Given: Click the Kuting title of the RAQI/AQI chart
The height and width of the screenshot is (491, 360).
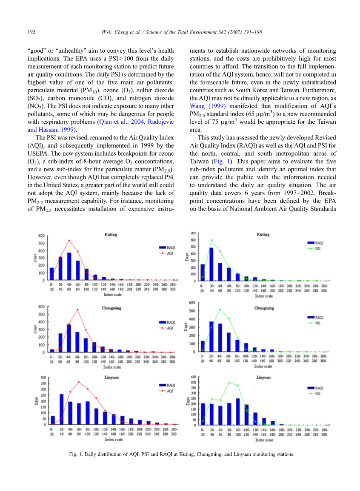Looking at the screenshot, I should (111, 235).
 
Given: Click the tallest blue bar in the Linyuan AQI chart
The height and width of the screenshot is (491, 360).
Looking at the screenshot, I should (61, 409).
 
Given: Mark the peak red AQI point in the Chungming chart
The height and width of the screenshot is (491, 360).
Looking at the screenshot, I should (77, 309).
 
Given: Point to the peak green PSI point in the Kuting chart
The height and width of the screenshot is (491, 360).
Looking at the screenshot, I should (211, 240).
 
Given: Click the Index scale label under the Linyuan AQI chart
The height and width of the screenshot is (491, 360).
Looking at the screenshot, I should (113, 439).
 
